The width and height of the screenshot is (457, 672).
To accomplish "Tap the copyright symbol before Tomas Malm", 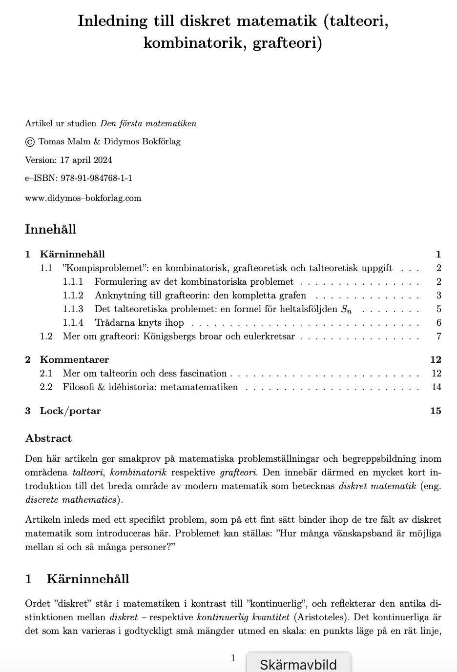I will pos(30,142).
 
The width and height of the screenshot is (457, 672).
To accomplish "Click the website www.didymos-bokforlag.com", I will pos(83,198).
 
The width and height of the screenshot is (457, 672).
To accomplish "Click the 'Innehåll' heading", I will pos(51,230).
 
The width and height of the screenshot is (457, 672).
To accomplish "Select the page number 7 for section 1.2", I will pos(438,336).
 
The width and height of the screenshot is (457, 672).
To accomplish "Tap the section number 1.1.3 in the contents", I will pos(73,309).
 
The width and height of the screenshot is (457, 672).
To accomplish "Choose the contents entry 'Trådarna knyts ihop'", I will pos(139,323).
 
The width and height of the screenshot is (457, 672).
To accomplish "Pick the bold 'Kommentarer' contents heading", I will pos(74,360).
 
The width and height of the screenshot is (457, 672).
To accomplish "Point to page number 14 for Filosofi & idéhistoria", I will pos(436,387).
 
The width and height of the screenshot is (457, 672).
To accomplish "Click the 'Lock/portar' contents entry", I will pos(70,411).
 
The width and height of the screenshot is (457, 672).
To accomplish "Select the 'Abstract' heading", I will pos(48,438).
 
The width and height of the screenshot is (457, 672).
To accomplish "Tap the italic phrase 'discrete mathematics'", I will pos(71,500).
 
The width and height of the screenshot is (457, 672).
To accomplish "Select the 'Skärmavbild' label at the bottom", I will pos(298,664).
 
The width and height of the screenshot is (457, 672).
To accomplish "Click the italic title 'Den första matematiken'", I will pos(148,123).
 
